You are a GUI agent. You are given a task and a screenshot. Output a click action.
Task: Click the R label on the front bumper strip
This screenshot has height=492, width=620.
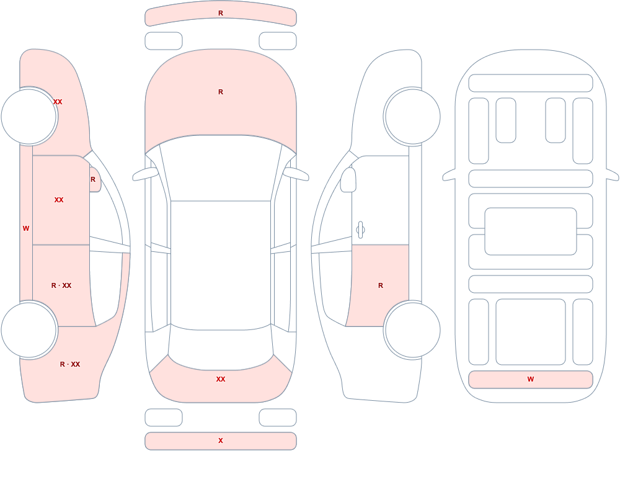[x=221, y=13]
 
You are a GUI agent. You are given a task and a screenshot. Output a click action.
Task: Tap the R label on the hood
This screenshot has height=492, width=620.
[x=221, y=92]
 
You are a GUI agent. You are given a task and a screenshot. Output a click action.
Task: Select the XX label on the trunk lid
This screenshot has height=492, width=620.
[x=221, y=379]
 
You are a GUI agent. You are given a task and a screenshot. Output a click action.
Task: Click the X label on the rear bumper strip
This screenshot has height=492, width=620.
[x=221, y=441]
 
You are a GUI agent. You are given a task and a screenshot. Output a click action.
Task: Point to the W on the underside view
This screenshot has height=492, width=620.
[x=531, y=379]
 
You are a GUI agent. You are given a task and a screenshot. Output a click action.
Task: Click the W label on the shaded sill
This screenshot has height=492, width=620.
[x=26, y=228]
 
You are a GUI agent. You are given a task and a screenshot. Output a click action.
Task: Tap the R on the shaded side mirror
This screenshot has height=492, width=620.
[x=93, y=179]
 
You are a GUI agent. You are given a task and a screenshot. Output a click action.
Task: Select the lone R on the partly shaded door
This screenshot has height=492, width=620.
[x=381, y=285]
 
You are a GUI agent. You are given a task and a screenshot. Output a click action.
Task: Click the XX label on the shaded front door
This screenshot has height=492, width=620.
[x=59, y=200]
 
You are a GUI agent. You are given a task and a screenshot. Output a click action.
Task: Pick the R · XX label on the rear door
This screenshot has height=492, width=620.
[x=61, y=285]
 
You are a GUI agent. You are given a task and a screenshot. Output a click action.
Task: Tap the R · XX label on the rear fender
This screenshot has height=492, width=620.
[x=70, y=364]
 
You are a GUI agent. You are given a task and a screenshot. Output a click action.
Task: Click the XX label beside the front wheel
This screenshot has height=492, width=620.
[x=58, y=102]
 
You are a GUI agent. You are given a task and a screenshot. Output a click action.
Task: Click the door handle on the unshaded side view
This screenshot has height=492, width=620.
[x=360, y=230]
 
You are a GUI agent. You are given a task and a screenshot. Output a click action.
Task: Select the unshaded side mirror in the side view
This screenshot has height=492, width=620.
[x=348, y=180]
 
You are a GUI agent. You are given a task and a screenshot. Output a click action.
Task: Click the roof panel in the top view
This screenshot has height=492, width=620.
[x=221, y=265]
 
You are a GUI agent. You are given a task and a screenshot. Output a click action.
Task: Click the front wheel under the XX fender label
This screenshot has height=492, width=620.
[x=29, y=117]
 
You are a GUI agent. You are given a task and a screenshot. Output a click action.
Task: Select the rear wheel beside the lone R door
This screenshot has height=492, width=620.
[x=412, y=330]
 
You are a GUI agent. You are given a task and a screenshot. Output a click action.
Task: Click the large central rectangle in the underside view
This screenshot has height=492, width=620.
[x=531, y=231]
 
